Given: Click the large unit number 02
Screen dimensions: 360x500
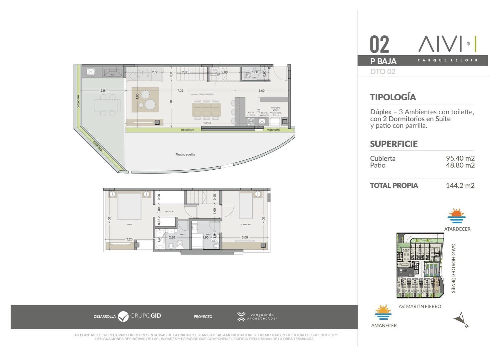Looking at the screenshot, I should pos(379,45).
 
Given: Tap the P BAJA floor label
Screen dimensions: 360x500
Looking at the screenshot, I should pos(383,61).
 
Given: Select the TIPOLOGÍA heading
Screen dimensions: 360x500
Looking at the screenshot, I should pos(393,97).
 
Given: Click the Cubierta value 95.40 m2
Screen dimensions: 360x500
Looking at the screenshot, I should pos(460,158).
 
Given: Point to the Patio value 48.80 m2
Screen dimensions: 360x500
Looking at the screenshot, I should pos(460,165).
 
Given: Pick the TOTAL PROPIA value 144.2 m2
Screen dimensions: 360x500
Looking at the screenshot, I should pos(460,185).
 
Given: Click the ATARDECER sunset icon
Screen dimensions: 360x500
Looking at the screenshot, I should pos(456,216).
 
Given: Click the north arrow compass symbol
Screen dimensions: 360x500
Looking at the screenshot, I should pos(461,319).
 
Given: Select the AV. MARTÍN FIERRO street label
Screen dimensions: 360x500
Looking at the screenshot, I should pos(420,306).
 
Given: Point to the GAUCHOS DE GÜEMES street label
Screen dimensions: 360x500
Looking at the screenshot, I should pos(453,268).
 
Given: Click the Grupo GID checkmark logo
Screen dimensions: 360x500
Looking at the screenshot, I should pos(123,316).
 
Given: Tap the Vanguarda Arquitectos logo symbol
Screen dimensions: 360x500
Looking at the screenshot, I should pos(241,317).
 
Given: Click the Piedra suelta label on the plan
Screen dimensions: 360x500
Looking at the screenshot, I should pos(185,154).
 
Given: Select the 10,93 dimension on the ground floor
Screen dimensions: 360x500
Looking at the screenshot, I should pos(207,123).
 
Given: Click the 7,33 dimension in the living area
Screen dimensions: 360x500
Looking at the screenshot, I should pos(180,91).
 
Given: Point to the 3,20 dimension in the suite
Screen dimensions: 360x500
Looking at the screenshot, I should pos(129,239).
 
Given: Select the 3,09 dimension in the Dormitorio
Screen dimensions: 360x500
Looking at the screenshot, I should pos(244,237).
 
